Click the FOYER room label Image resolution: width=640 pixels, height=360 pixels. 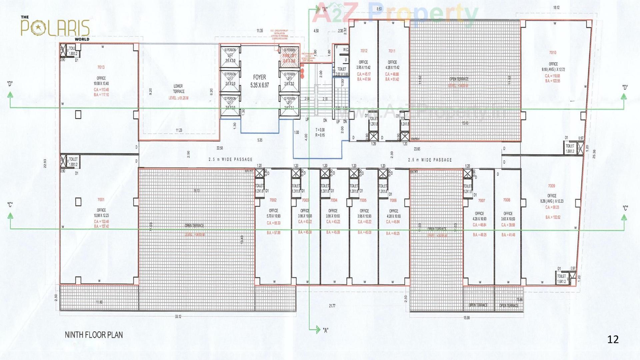pos(260,77)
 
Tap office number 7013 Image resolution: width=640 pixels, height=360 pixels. pos(101,67)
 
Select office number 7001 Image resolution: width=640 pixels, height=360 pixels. pos(101,200)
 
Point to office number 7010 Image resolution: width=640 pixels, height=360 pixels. pos(553,53)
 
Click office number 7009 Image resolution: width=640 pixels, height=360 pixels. pos(552,186)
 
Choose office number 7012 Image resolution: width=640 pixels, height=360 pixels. pos(364,51)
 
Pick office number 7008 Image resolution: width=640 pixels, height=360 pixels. pos(507,200)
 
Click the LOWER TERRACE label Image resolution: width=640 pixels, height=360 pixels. pos(178,89)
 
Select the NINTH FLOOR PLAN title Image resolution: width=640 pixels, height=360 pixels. pos(94,335)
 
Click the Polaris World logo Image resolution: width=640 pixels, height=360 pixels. pos(55,28)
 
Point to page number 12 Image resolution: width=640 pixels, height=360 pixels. pos(613,339)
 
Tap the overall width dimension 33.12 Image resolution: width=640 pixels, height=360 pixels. pos(178,317)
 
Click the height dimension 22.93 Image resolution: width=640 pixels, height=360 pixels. pos(45,164)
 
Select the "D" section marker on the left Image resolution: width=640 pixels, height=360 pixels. pos(10,84)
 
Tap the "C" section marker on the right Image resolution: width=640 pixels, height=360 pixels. pos(625,208)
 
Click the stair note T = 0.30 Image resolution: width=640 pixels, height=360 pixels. pos(320,130)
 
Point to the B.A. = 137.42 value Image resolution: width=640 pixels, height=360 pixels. pos(101,226)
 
